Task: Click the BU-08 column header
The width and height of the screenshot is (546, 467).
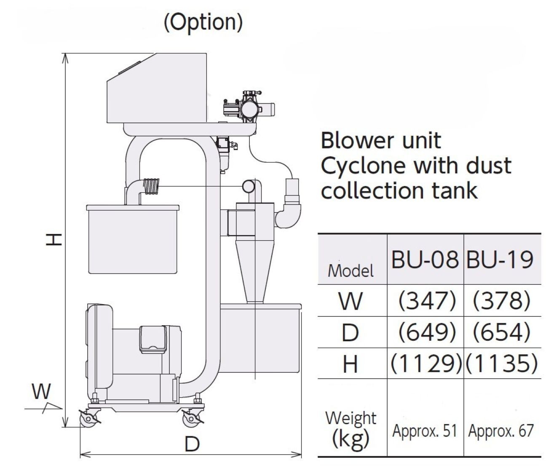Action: [x=424, y=260]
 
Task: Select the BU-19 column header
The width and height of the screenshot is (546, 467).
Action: [x=500, y=260]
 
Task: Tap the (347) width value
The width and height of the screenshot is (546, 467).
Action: [x=427, y=301]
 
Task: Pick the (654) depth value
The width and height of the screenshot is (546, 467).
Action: [x=501, y=332]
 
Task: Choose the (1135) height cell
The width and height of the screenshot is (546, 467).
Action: [x=501, y=363]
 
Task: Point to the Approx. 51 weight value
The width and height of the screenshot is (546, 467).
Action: [x=425, y=431]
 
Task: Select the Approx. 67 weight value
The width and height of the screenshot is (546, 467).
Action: [x=501, y=431]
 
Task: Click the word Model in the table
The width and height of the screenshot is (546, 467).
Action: [x=351, y=271]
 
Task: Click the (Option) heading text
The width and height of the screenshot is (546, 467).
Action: [x=203, y=22]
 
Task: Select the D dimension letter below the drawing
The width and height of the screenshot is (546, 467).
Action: [x=192, y=443]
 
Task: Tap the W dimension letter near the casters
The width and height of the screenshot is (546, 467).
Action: [x=42, y=392]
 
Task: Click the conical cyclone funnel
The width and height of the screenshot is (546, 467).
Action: [x=255, y=269]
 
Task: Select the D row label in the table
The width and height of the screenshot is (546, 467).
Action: [x=351, y=332]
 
